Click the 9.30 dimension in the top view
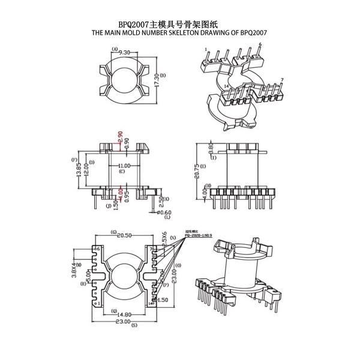tap(125, 53)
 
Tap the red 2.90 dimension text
tap(120, 137)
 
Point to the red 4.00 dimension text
tap(120, 194)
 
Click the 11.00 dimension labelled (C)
tap(124, 166)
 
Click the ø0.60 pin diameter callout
tap(164, 212)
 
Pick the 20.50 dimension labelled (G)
tap(125, 236)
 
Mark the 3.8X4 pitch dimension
tap(75, 269)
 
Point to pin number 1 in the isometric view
tap(206, 49)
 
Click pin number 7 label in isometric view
tap(282, 80)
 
